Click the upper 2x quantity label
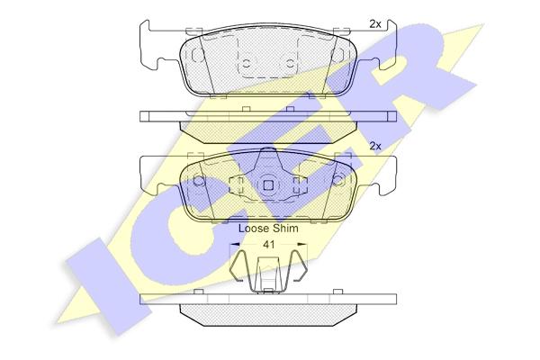point(375,24)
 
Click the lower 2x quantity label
point(375,147)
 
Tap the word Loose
point(254,228)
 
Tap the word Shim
point(285,228)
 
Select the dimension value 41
point(268,245)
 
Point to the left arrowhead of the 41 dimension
point(234,244)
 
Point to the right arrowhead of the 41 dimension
point(302,244)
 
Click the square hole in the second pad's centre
point(268,185)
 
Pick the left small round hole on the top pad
point(247,63)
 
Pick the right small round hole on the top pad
point(291,63)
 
